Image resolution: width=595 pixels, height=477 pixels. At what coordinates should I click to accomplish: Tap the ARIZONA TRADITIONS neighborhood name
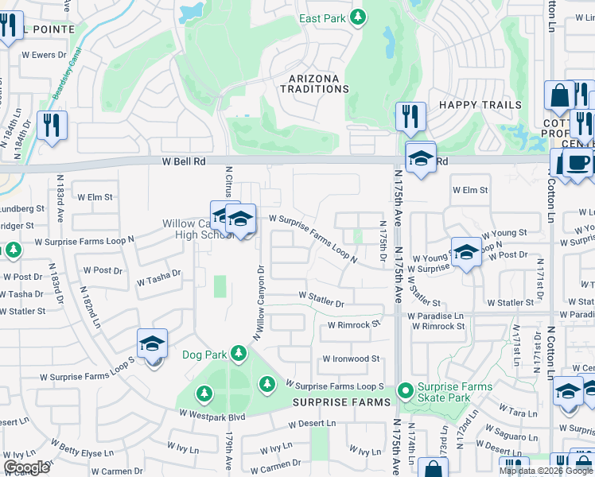[314, 84]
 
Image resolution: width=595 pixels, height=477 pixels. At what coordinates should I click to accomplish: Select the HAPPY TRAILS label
[480, 105]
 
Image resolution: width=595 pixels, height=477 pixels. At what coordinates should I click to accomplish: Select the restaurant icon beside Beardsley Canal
[52, 126]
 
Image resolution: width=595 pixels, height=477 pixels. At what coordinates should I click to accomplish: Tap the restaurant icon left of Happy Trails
[410, 118]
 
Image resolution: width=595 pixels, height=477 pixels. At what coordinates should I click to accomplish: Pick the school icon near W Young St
[467, 253]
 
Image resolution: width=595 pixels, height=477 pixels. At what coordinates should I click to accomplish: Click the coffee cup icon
[578, 164]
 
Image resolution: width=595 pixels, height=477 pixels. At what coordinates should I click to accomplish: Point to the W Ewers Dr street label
[48, 55]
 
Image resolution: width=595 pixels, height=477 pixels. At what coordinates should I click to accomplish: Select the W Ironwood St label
[351, 359]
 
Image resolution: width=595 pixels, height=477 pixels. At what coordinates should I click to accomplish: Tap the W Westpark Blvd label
[212, 414]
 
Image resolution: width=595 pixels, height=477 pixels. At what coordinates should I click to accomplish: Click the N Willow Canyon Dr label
[259, 303]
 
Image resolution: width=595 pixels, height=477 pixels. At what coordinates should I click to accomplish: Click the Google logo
[26, 467]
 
